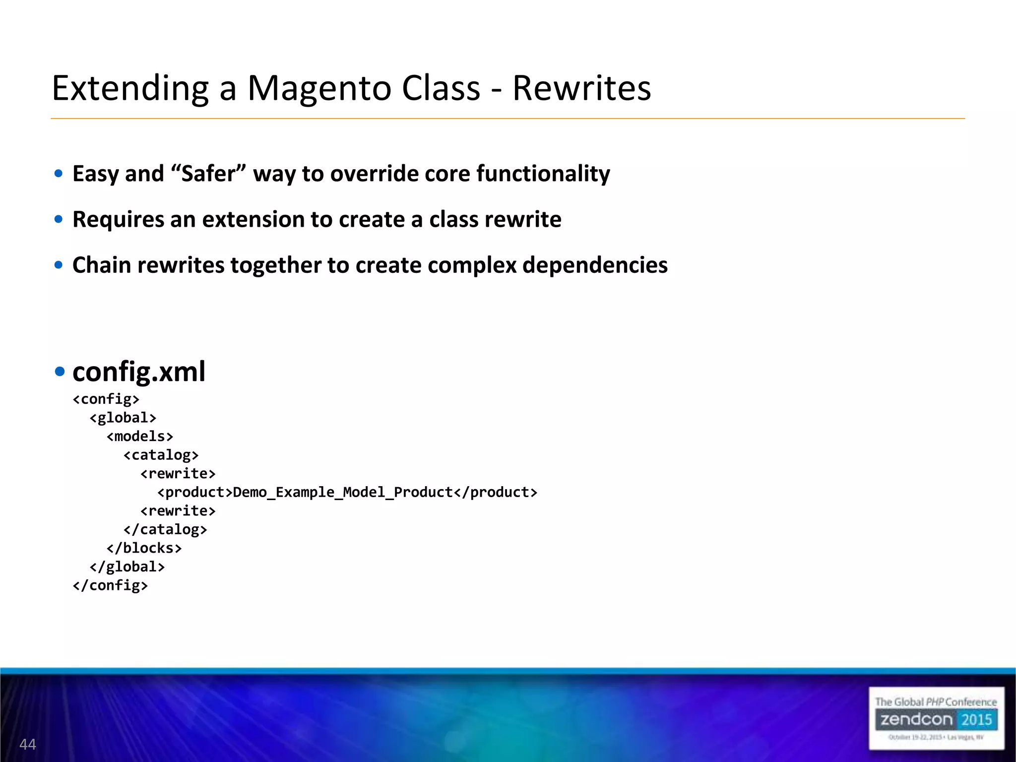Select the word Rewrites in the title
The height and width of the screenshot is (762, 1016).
[581, 88]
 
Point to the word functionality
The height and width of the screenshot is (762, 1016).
[543, 174]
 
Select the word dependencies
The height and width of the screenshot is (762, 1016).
[595, 265]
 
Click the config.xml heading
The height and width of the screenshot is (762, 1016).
[139, 371]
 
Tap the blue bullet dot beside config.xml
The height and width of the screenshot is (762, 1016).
[60, 372]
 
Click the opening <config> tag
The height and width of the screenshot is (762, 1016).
[106, 399]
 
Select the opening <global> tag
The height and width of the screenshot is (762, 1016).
[123, 418]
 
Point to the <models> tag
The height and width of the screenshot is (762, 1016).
[140, 437]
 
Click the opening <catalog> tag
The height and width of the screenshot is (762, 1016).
[161, 455]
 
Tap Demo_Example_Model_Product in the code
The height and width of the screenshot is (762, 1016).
[343, 492]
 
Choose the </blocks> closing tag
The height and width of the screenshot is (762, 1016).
[144, 548]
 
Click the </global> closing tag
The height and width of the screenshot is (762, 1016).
[127, 567]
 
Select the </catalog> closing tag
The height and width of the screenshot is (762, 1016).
[165, 529]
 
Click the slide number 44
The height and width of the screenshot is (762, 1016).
[28, 744]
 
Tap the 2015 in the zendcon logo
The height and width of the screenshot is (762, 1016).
[976, 719]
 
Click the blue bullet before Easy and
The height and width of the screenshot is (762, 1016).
[59, 174]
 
